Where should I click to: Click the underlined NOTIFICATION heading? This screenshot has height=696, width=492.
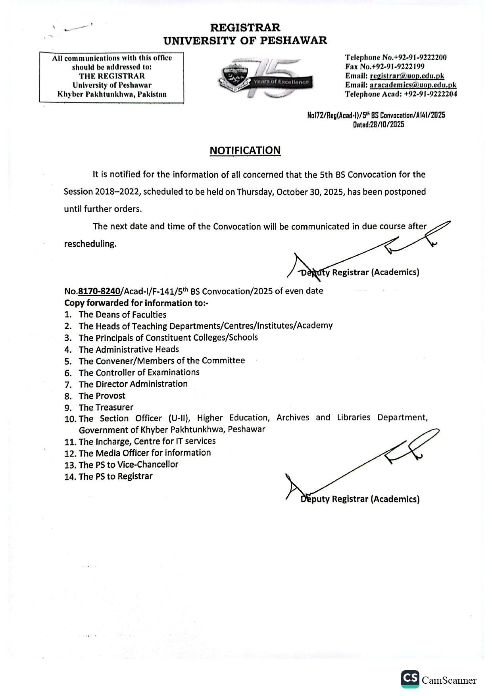coord(245,151)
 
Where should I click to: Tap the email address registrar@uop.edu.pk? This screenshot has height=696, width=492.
coord(407,76)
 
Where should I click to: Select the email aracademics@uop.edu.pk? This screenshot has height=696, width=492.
coord(413,85)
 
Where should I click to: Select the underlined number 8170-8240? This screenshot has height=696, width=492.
coord(99,291)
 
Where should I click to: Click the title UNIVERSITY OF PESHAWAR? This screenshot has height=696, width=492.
coord(245,40)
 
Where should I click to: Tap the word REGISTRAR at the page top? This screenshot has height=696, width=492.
coord(245,28)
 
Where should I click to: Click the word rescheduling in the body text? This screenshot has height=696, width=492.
coord(90,244)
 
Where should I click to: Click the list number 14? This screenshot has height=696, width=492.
coord(70,477)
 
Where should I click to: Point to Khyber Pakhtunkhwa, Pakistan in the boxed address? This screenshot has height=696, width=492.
coord(112,94)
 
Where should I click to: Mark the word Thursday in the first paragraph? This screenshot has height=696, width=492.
coord(255,192)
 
